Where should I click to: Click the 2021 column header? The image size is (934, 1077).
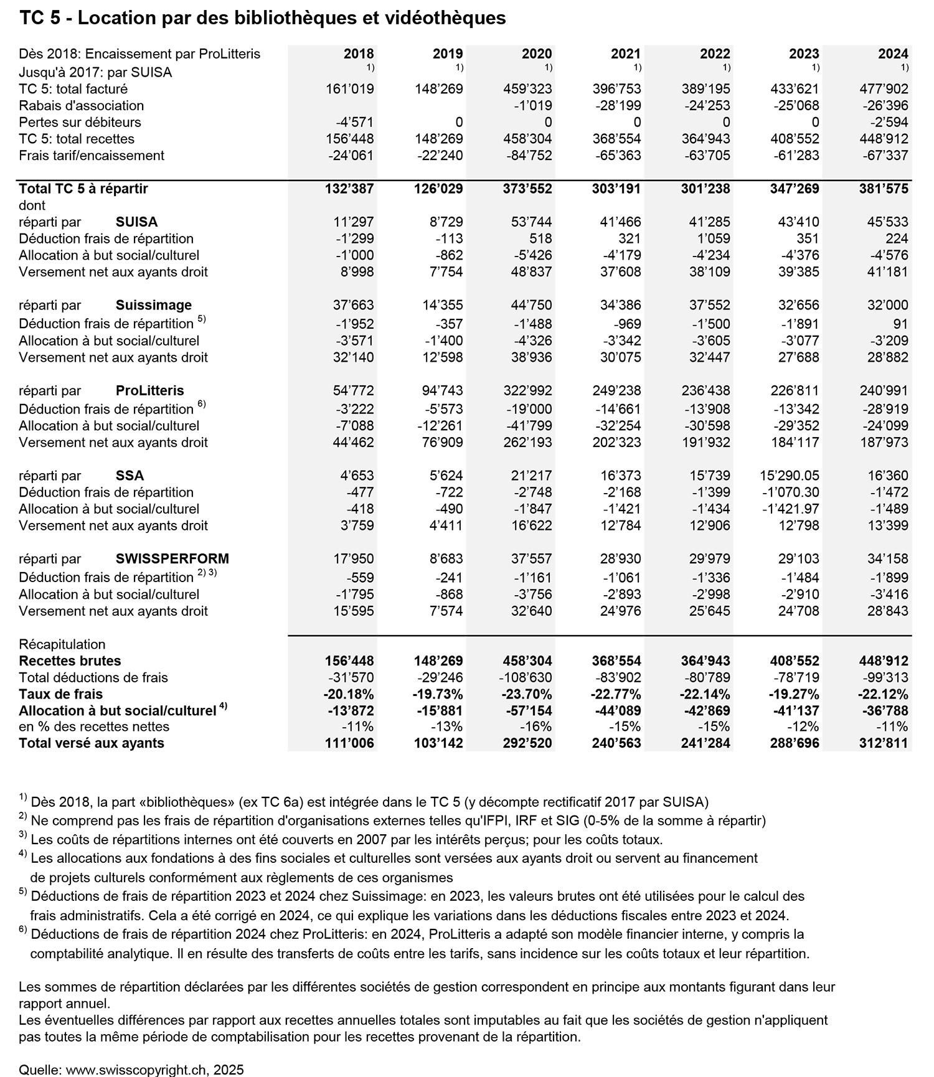(x=625, y=54)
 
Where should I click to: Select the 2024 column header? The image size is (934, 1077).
(x=893, y=54)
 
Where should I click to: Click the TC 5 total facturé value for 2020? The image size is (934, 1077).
(x=529, y=89)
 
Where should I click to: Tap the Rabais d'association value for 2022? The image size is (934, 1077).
(x=707, y=106)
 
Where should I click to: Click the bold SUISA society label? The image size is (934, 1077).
(x=136, y=222)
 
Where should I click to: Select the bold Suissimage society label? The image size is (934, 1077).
(x=154, y=305)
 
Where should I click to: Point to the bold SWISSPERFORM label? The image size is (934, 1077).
(x=172, y=558)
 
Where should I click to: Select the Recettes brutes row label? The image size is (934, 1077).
(x=70, y=661)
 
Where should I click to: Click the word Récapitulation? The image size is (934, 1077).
(x=62, y=644)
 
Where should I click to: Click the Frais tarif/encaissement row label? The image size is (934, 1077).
(x=92, y=156)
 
